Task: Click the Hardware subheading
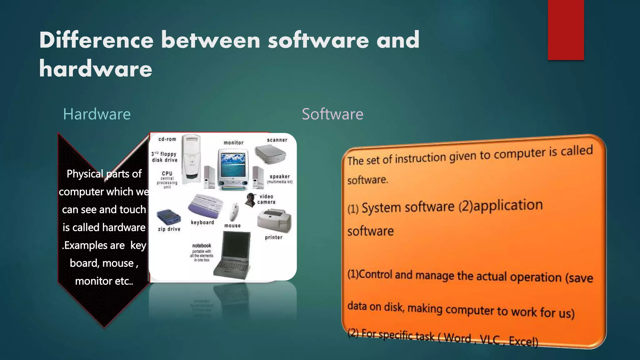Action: pyautogui.click(x=97, y=114)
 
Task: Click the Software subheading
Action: pyautogui.click(x=332, y=114)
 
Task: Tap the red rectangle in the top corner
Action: pyautogui.click(x=566, y=30)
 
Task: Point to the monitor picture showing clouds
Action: pyautogui.click(x=233, y=166)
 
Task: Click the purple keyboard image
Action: pyautogui.click(x=205, y=206)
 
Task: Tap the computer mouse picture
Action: pyautogui.click(x=233, y=212)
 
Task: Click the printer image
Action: pyautogui.click(x=274, y=220)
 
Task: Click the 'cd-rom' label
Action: pyautogui.click(x=167, y=139)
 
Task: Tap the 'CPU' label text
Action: pyautogui.click(x=167, y=173)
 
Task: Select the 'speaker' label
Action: pyautogui.click(x=280, y=177)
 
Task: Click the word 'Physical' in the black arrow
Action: pyautogui.click(x=85, y=174)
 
